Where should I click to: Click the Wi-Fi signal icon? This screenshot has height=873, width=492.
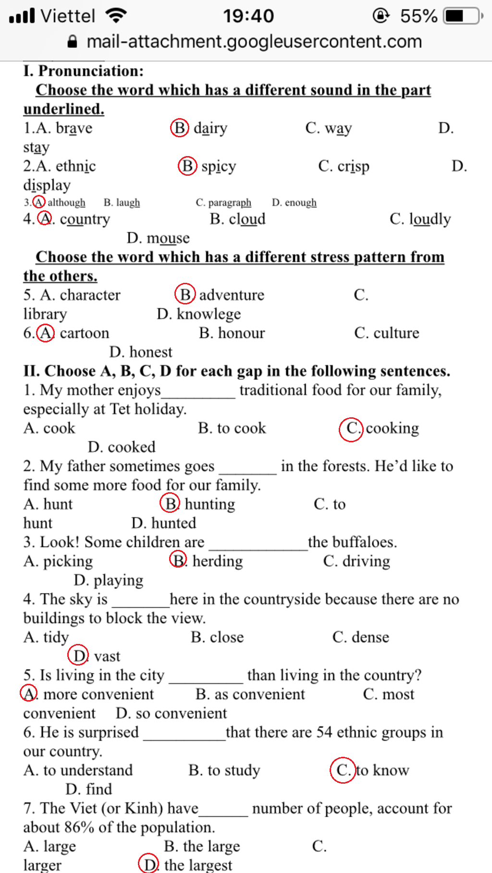click(x=116, y=16)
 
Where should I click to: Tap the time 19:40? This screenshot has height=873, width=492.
click(x=248, y=16)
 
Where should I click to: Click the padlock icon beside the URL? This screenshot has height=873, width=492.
click(x=73, y=42)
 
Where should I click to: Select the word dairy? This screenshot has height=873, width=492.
click(x=210, y=128)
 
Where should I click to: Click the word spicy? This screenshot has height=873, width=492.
click(x=219, y=166)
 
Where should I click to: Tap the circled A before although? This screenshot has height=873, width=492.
click(x=39, y=202)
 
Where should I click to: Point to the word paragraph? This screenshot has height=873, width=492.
click(x=230, y=202)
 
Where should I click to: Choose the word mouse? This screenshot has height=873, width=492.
click(x=168, y=238)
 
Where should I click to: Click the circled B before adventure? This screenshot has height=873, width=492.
click(x=185, y=294)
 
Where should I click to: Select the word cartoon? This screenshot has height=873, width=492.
click(x=85, y=333)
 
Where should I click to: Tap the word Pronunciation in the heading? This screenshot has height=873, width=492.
click(x=91, y=71)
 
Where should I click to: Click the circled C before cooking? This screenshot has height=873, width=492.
click(x=352, y=428)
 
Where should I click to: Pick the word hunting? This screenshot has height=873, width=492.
click(x=210, y=504)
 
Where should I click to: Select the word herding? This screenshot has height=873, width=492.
click(x=218, y=561)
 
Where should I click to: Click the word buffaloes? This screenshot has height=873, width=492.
click(x=364, y=542)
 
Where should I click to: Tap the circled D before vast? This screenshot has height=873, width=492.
click(x=78, y=655)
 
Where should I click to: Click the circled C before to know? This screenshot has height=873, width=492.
click(x=343, y=770)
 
